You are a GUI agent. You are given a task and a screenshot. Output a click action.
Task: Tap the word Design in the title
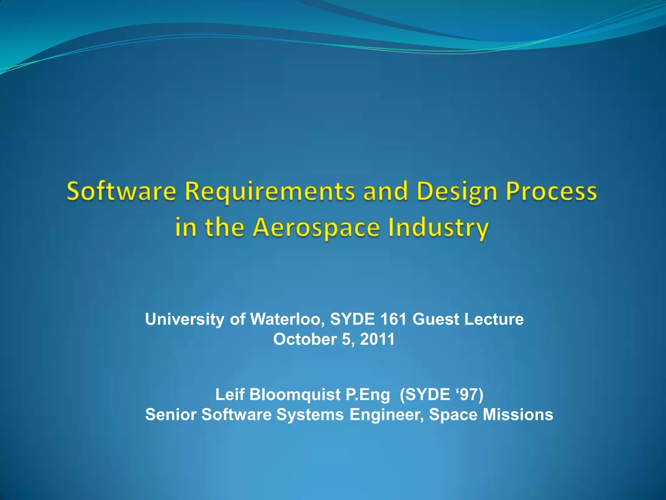tap(457, 192)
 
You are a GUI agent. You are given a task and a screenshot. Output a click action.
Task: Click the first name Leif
tap(230, 395)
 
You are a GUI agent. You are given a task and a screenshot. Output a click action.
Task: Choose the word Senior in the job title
tap(171, 415)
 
